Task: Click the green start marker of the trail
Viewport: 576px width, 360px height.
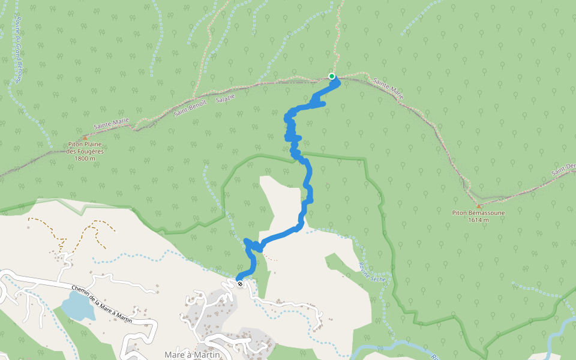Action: [x=331, y=76]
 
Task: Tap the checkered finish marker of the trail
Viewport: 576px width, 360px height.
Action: [x=240, y=283]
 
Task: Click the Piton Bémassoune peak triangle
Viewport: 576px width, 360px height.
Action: [x=478, y=206]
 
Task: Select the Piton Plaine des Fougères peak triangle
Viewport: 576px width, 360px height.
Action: [x=85, y=137]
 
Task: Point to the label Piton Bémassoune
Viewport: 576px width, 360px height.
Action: [x=478, y=213]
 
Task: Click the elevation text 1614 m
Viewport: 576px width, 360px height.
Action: [x=478, y=220]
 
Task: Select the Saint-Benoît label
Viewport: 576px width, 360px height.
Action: [x=190, y=108]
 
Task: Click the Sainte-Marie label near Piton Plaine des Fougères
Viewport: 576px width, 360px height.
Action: [x=112, y=124]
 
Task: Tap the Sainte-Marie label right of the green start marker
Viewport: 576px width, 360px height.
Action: [x=389, y=88]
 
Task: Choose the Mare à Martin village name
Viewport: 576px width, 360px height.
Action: [x=192, y=355]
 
